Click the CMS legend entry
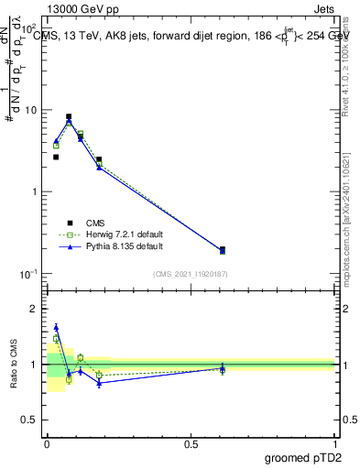point(95,223)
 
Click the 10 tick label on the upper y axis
point(31,110)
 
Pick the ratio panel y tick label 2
point(37,309)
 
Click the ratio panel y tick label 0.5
point(32,420)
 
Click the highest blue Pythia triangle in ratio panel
point(56,327)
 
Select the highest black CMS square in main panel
point(69,117)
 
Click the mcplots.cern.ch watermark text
point(346,220)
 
